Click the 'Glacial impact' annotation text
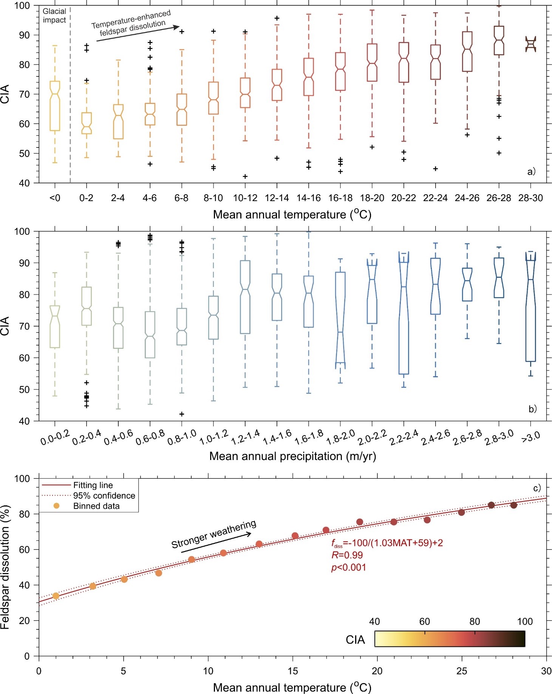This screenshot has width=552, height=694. point(54,15)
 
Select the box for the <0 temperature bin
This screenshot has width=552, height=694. point(55,106)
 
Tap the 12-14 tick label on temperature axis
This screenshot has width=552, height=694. point(277,198)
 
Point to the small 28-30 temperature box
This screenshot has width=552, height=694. point(530,44)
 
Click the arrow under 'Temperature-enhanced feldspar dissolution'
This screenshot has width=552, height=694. point(138,33)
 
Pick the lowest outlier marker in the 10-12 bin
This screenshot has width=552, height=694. point(245,177)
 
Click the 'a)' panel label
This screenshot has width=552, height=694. point(531,172)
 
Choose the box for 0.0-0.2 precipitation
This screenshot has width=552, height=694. point(55,327)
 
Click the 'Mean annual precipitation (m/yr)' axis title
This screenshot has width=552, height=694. point(292,456)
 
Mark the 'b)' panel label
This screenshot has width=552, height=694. point(532,409)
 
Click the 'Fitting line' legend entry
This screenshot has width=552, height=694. point(93,485)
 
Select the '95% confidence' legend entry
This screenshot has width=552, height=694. point(104,496)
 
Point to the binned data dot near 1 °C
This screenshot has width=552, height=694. point(56,596)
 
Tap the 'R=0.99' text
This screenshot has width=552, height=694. point(347,555)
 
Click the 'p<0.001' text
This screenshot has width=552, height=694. point(348,567)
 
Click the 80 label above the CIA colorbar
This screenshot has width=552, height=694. point(475,621)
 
